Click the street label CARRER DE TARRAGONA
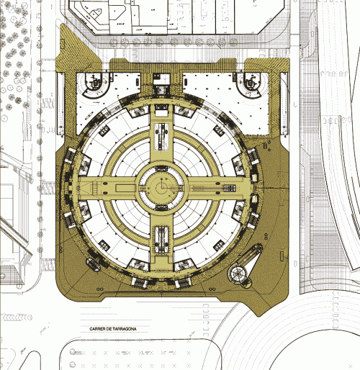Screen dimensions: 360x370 pyautogui.click(x=113, y=329)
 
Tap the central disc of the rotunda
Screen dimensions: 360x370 pyautogui.click(x=162, y=188)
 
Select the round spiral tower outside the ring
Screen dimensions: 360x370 pyautogui.click(x=238, y=273)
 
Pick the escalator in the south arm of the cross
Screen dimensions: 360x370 pyautogui.click(x=161, y=239)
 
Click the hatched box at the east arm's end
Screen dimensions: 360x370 pyautogui.click(x=230, y=188)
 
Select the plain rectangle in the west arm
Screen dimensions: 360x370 pyautogui.click(x=125, y=188)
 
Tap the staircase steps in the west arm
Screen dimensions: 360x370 pyautogui.click(x=95, y=188)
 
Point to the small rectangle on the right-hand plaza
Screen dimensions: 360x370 pyautogui.click(x=282, y=256)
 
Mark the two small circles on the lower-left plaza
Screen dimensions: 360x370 pyautogui.click(x=99, y=289)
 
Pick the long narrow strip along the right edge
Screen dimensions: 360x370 pyautogui.click(x=284, y=103)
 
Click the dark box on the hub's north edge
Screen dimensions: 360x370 pyautogui.click(x=161, y=168)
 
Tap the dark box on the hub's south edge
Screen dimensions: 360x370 pyautogui.click(x=161, y=207)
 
